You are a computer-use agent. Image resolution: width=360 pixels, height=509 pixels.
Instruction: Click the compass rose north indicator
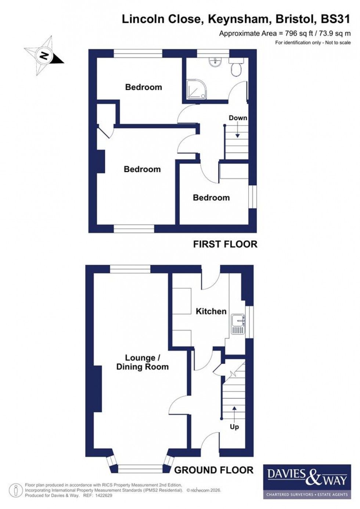coord(44,56)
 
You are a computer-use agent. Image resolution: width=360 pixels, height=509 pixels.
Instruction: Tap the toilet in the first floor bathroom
coord(235,68)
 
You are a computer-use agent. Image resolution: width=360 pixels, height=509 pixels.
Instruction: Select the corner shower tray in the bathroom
coord(196,90)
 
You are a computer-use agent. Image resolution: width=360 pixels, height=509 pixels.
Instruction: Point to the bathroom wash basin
coord(215,63)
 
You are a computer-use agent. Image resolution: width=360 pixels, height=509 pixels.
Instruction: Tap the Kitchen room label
coord(211,311)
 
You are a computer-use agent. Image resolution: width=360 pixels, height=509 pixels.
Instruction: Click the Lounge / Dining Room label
coord(142,362)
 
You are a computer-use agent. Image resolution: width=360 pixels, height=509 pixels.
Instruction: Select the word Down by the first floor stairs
coord(238,118)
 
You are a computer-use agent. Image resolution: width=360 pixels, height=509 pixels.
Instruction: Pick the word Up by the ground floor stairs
coord(234,426)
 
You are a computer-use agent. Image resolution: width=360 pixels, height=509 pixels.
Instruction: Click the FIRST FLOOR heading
coord(225,244)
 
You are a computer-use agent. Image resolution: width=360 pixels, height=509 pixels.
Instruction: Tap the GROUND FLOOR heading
coord(213,470)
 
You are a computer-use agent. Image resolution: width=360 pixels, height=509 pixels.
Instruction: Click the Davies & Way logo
coord(307,481)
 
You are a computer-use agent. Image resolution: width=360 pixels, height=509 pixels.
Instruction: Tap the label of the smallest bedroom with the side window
coord(211,198)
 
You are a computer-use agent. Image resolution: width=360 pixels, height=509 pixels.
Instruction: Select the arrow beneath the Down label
coord(238,131)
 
